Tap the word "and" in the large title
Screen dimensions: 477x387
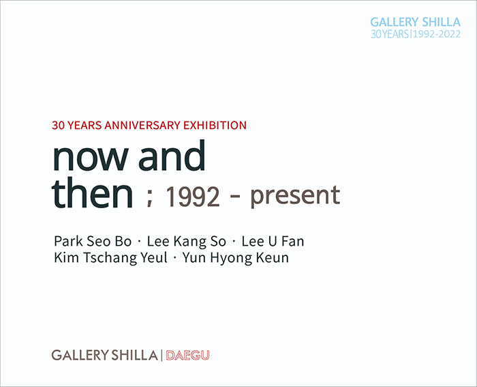(172, 155)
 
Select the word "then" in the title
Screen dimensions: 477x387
(93, 192)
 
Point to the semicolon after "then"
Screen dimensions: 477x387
(149, 197)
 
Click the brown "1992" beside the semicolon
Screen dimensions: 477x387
(192, 197)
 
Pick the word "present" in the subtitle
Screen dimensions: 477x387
(295, 197)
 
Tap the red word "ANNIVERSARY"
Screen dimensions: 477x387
(142, 126)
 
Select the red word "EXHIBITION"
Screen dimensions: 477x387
(215, 126)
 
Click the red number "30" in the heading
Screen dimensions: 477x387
(58, 126)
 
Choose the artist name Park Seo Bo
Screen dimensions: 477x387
(93, 241)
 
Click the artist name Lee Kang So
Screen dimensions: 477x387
(187, 241)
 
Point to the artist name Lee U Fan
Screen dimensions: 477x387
(273, 241)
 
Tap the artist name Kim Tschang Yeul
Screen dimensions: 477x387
(110, 258)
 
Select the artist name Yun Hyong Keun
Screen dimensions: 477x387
(236, 258)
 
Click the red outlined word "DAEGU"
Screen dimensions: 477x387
(187, 356)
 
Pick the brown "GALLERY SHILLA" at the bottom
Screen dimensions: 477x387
(105, 356)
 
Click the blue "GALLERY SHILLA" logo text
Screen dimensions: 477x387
(415, 23)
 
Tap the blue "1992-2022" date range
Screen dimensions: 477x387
(437, 34)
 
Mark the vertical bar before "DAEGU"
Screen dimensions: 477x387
(161, 356)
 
